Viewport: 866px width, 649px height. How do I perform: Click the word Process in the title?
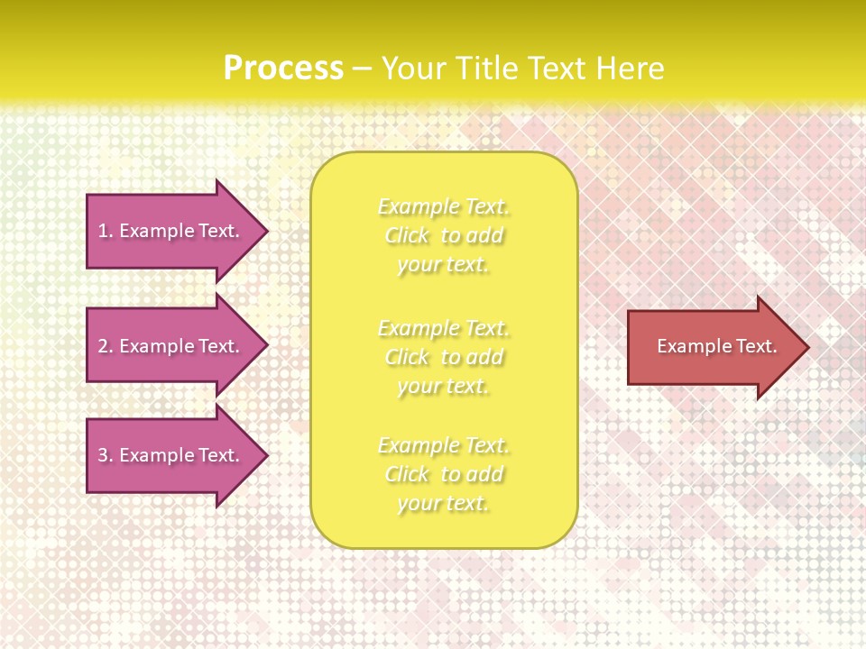(x=283, y=69)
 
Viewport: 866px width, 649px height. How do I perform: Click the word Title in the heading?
(x=489, y=69)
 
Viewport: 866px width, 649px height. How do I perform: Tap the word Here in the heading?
(x=629, y=69)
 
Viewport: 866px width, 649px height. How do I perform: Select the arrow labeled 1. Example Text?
(x=171, y=231)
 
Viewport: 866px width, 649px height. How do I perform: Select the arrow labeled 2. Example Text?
(x=171, y=346)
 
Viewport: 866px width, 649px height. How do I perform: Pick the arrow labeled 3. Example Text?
(x=171, y=455)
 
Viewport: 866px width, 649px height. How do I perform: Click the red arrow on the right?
(x=713, y=347)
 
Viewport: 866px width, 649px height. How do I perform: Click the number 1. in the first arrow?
(x=106, y=232)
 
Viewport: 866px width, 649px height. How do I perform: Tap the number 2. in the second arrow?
(x=106, y=346)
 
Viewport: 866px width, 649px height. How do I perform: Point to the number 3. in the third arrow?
(x=106, y=456)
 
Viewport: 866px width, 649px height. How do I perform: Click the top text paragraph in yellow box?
(x=444, y=235)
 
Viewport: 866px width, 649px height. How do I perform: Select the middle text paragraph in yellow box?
(x=444, y=357)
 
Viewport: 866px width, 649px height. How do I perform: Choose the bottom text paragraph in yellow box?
(x=444, y=474)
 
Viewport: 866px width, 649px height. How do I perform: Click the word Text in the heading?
(x=557, y=69)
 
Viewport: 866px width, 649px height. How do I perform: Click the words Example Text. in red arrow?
(x=716, y=346)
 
